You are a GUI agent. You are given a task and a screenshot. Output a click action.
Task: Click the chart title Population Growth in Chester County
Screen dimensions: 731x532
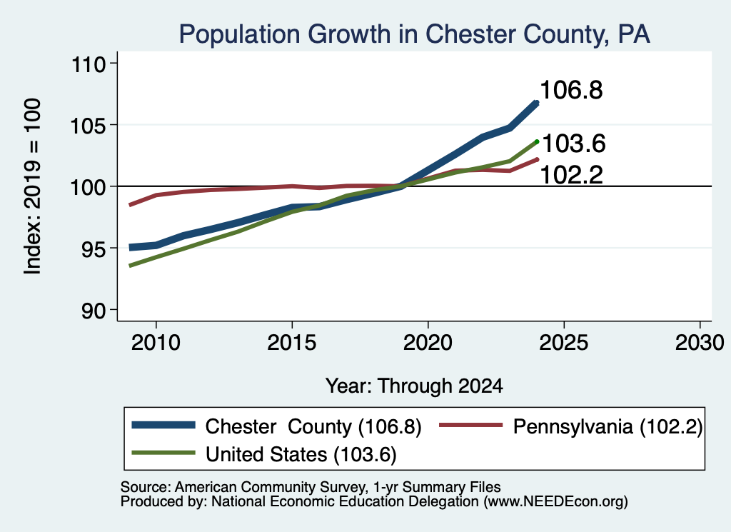pos(415,34)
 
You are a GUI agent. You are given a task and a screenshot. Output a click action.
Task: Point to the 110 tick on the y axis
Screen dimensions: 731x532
pos(88,64)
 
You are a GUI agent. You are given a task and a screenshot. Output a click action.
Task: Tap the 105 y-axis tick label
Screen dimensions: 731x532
pos(88,125)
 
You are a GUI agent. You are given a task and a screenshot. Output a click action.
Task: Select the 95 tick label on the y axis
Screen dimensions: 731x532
pos(94,249)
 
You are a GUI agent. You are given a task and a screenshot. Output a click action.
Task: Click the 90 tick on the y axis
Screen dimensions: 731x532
pos(94,310)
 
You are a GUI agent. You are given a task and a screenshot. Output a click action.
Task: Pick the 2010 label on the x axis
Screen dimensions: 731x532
pos(156,343)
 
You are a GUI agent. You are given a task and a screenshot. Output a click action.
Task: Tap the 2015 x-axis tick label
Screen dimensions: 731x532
pos(292,343)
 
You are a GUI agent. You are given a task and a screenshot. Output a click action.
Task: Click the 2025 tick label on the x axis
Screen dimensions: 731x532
pos(564,343)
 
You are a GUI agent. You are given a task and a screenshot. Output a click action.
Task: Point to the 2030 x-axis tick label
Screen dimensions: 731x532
pos(700,343)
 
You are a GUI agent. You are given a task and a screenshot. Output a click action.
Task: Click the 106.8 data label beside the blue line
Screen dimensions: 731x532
pos(572,90)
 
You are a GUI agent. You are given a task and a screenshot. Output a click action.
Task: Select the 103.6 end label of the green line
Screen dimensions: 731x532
pos(574,143)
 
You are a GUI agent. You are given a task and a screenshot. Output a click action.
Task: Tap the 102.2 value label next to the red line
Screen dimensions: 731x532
pos(572,176)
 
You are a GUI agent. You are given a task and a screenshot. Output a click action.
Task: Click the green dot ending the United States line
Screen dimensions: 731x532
pos(537,141)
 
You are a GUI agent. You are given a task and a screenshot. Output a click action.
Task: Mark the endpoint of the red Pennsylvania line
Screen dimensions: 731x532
pos(537,159)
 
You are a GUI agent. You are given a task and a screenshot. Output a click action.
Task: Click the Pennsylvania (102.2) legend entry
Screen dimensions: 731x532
pos(608,426)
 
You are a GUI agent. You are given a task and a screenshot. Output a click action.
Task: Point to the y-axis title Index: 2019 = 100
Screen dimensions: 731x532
pos(33,186)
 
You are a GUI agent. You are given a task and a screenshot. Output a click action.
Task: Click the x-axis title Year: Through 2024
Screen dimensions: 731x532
pos(414,386)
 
